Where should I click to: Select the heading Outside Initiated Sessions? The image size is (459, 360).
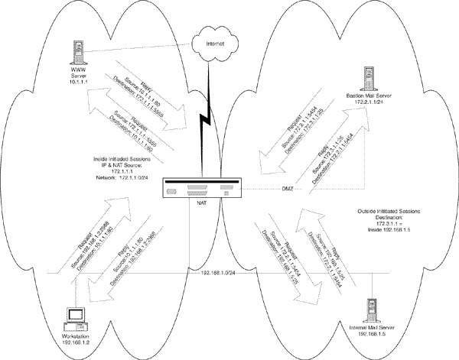click(x=390, y=208)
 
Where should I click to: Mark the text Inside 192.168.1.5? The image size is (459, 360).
click(x=390, y=227)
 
